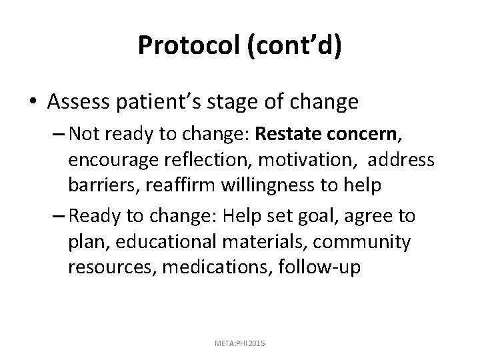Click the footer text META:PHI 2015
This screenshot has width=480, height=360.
pyautogui.click(x=240, y=342)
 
